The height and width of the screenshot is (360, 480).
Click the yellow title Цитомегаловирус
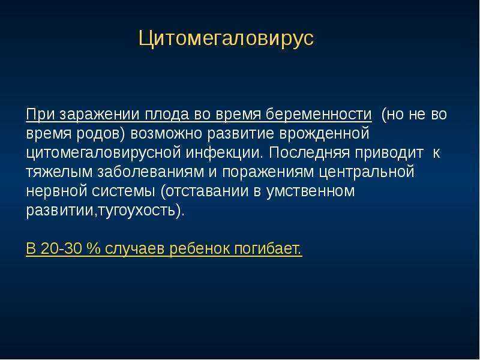pos(226,39)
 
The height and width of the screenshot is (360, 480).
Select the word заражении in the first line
pos(99,115)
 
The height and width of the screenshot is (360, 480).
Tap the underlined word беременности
pos(319,115)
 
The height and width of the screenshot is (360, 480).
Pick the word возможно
pos(166,134)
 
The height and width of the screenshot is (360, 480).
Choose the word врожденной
pos(324,134)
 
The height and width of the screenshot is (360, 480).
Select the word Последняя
pos(309,153)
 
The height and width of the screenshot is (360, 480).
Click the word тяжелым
pos(59,172)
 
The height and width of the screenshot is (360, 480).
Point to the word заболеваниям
pos(151,172)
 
